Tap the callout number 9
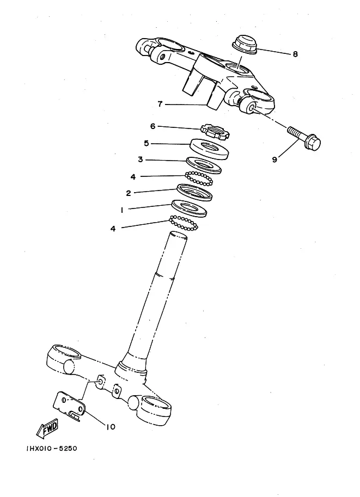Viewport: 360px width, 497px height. point(274,159)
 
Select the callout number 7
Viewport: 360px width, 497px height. point(160,103)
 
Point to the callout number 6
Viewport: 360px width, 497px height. point(152,126)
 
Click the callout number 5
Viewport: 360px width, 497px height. point(146,143)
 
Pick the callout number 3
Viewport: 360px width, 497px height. point(140,160)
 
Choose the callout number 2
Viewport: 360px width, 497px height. point(128,193)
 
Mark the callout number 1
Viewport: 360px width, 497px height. point(121,209)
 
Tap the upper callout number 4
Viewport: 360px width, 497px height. point(133,176)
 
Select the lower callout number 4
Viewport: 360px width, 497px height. point(113,229)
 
